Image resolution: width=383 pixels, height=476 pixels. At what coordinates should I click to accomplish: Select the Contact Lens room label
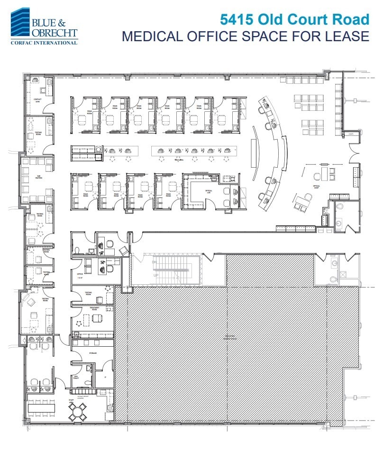37,101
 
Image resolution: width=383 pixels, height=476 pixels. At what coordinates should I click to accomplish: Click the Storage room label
92,353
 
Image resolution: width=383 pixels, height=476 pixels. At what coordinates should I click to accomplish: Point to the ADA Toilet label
76,377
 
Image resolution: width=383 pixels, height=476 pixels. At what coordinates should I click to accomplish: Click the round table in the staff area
77,413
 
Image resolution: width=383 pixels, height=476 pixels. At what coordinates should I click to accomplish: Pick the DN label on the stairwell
154,261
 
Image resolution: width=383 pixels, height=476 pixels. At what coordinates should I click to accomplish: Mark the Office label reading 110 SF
80,275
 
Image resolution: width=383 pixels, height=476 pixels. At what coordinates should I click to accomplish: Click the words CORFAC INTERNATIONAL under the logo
44,43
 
